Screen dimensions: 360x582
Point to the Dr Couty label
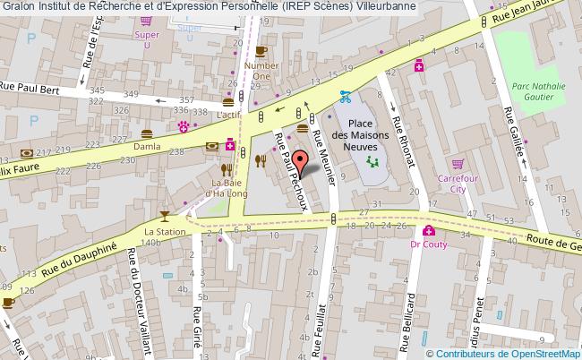tap(427, 242)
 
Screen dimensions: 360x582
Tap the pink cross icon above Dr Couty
tap(429, 228)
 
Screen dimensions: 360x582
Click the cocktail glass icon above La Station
tap(164, 216)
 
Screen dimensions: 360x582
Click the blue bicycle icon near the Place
tap(344, 98)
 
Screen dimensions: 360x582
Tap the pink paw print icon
tap(183, 126)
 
